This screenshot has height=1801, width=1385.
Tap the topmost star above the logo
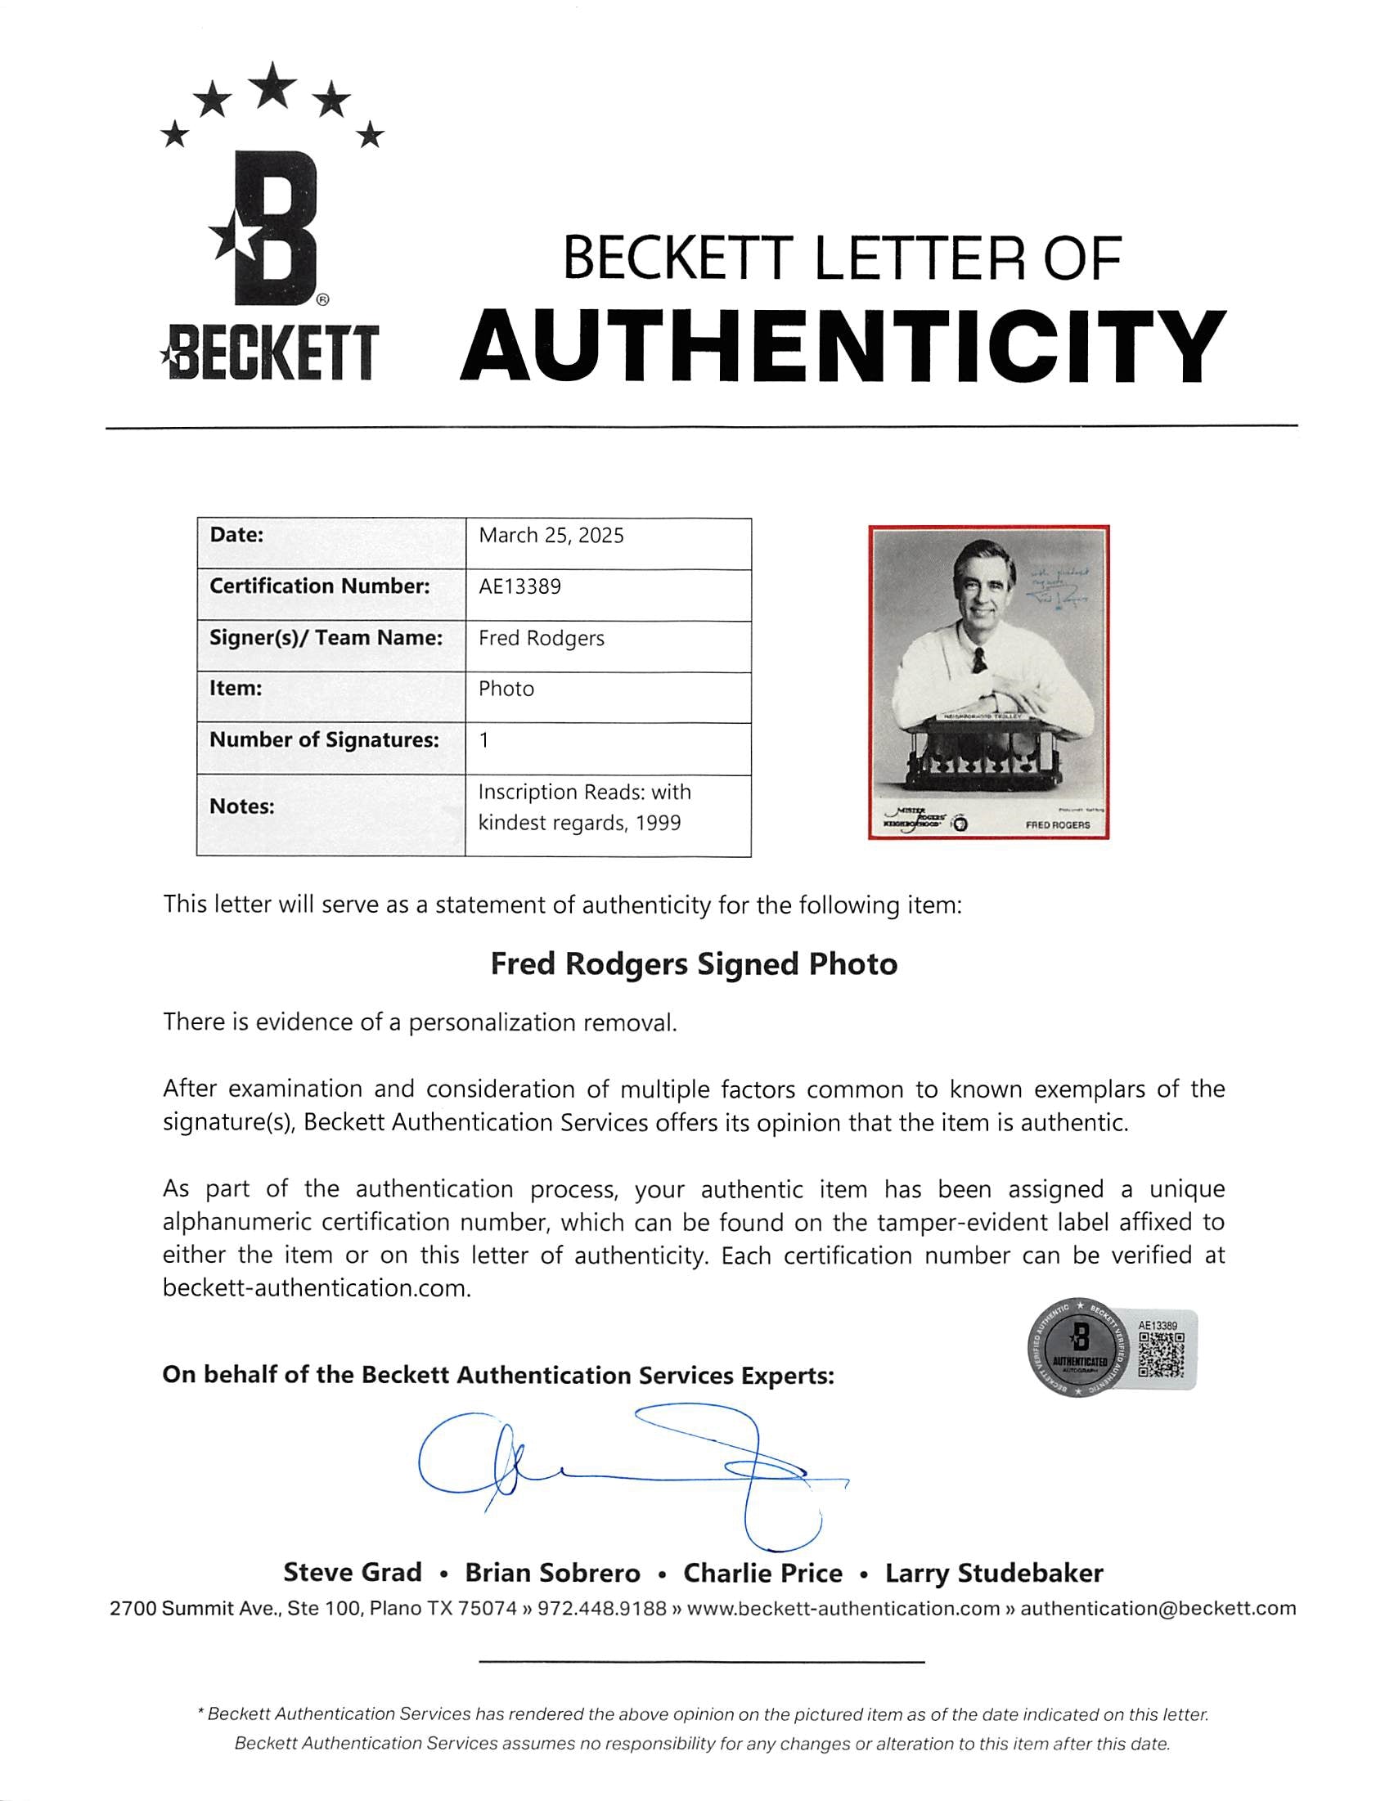tap(273, 85)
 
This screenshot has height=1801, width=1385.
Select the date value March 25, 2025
tap(551, 536)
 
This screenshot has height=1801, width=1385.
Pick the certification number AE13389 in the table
tap(519, 587)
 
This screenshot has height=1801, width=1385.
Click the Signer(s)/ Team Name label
tap(326, 638)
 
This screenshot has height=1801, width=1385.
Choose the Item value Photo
tap(506, 689)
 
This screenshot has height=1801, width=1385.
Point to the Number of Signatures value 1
tap(484, 740)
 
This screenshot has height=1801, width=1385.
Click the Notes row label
tap(241, 806)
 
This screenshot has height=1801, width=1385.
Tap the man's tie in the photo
tap(978, 658)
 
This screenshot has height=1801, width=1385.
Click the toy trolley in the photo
tap(981, 750)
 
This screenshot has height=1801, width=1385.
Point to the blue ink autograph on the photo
tap(1059, 587)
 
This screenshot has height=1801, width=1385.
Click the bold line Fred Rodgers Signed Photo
tap(694, 964)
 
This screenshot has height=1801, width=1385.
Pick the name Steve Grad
tap(352, 1573)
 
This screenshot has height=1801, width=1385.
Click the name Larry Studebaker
tap(993, 1574)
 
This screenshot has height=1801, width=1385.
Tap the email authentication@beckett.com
tap(1158, 1608)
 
